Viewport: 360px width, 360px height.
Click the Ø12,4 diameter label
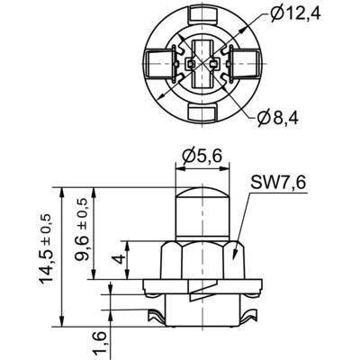click(295, 14)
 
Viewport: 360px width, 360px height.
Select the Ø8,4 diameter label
click(278, 119)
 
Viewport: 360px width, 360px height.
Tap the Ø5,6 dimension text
click(202, 157)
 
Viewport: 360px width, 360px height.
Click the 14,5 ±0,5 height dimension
click(46, 249)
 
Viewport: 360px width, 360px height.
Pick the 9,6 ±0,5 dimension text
click(82, 229)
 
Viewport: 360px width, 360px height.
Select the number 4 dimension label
click(120, 259)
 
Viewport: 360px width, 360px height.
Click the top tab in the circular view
click(202, 13)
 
